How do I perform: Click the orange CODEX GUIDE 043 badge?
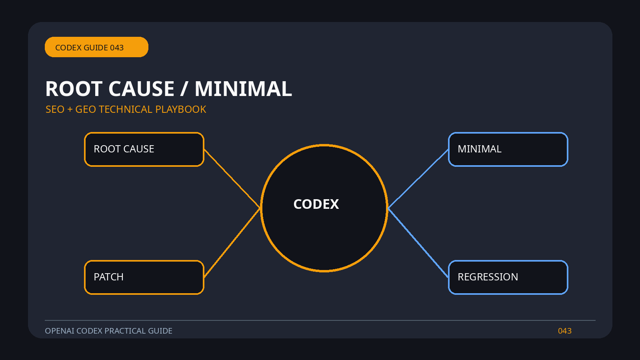point(96,47)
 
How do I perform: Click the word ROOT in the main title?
point(74,89)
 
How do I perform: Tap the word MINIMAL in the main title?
point(244,89)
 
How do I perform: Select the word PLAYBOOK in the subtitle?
point(180,110)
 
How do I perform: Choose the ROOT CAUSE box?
point(144,149)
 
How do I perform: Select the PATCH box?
point(144,277)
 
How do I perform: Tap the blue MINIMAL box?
point(508,149)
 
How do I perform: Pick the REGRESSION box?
point(508,277)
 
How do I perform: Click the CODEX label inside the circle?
point(316,204)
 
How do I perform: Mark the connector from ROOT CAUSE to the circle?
point(232,178)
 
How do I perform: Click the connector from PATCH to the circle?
point(232,242)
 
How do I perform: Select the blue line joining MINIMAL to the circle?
point(418,179)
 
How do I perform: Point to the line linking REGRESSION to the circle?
point(418,242)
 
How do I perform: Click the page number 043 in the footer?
point(564,331)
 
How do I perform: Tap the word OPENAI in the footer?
point(60,331)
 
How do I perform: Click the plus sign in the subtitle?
point(70,110)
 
